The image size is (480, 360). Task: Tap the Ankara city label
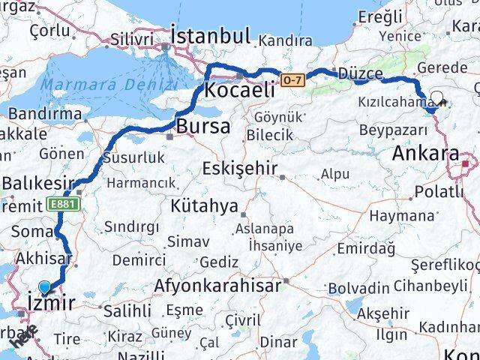pyautogui.click(x=425, y=154)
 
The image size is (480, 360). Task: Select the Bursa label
pyautogui.click(x=202, y=126)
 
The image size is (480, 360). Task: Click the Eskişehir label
pyautogui.click(x=240, y=169)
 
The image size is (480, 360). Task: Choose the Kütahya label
pyautogui.click(x=204, y=205)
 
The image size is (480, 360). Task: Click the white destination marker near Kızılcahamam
pyautogui.click(x=436, y=98)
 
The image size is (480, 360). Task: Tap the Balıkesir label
pyautogui.click(x=37, y=182)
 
